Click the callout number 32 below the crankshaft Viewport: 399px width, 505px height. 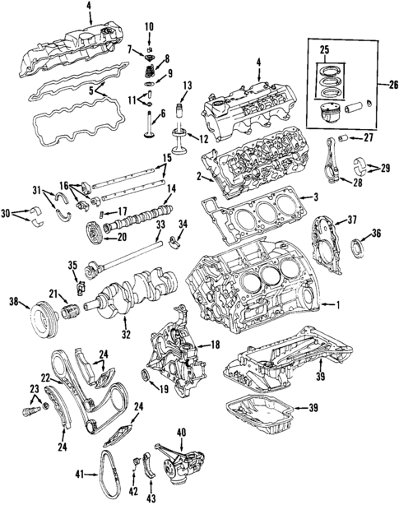pos(124,334)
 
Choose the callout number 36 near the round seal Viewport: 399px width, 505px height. pos(377,234)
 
